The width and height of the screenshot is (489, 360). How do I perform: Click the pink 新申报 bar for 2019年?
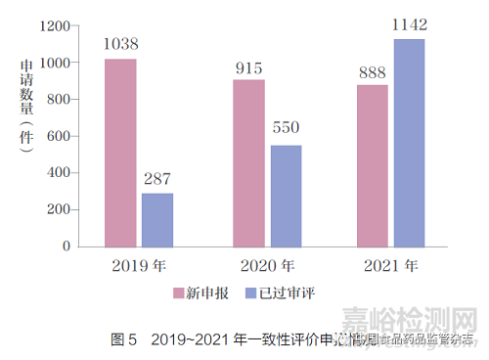point(120,153)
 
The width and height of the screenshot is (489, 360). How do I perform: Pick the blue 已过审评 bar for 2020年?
point(286,196)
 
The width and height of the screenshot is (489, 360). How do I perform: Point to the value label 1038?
point(120,44)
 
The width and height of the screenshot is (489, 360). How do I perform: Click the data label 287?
point(157,178)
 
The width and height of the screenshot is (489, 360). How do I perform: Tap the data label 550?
point(286,130)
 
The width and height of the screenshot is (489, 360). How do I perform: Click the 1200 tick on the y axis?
point(54,25)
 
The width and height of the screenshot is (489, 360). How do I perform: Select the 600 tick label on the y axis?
point(59,136)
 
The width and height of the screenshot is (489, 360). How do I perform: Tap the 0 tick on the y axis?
point(67,246)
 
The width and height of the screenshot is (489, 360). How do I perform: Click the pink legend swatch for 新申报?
point(179,292)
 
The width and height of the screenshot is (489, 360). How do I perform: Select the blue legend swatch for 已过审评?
point(249,292)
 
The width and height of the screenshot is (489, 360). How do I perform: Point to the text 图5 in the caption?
point(124,340)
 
